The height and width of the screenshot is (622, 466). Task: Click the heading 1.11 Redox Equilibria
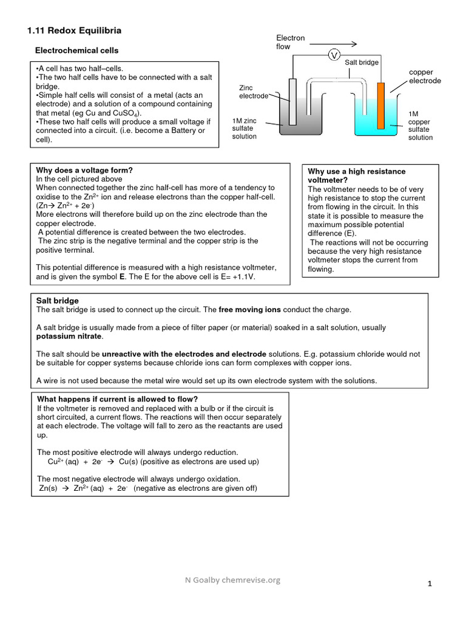coord(75,30)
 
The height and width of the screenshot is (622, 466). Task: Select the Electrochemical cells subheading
coord(77,50)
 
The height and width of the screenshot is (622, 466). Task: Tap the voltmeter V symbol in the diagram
coord(333,55)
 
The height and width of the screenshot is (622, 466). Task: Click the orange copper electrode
coord(380,105)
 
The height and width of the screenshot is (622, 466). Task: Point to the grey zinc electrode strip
coord(292,101)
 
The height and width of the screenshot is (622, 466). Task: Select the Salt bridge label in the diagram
coord(362,63)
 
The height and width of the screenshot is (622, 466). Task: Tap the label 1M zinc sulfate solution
coord(245,128)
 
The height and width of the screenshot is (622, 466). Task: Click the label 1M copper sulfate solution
coord(420,126)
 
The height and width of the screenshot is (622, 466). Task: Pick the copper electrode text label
coord(425,77)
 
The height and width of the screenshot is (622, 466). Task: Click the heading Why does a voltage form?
coord(84,170)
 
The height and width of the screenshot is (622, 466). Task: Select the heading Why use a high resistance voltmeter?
coord(357,176)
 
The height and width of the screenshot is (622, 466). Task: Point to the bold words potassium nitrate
coord(69,336)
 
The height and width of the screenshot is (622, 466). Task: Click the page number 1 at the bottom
coord(430,584)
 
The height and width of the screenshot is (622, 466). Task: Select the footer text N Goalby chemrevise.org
coord(233,580)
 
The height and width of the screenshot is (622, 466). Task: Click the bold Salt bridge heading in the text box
coord(58,301)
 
